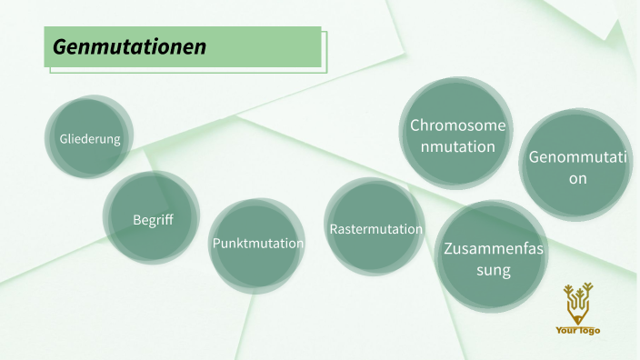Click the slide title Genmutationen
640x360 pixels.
point(129,46)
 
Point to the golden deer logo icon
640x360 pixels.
point(577,303)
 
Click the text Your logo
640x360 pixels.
point(577,330)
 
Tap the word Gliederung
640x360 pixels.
point(89,139)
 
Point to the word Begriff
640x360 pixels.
point(152,219)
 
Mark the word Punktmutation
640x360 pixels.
point(257,244)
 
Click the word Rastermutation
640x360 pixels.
point(375,229)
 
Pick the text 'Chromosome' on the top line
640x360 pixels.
point(457,125)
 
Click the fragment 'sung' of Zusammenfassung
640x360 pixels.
point(490,270)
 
